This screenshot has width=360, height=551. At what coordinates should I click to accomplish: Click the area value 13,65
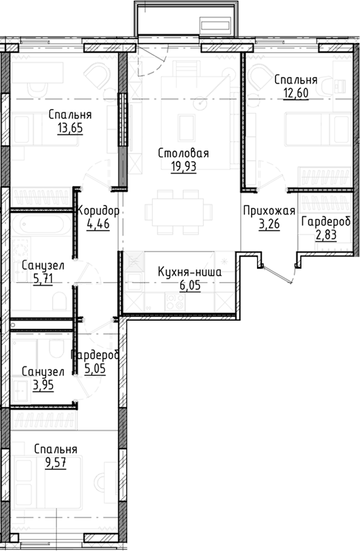tap(69, 128)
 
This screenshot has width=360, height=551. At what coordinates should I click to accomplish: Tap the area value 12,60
tap(295, 92)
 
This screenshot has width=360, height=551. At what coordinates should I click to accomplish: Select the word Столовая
tap(183, 154)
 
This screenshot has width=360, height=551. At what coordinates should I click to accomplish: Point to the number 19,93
tap(183, 167)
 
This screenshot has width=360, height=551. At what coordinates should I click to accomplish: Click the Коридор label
tap(98, 211)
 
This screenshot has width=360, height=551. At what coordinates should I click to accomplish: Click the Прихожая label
tap(268, 211)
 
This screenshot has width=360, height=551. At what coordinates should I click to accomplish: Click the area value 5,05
tap(94, 368)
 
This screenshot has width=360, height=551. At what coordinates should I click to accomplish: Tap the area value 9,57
tap(55, 463)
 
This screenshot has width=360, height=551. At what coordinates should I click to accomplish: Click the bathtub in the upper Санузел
tap(41, 226)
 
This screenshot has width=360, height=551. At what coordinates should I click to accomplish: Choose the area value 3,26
tap(268, 224)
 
